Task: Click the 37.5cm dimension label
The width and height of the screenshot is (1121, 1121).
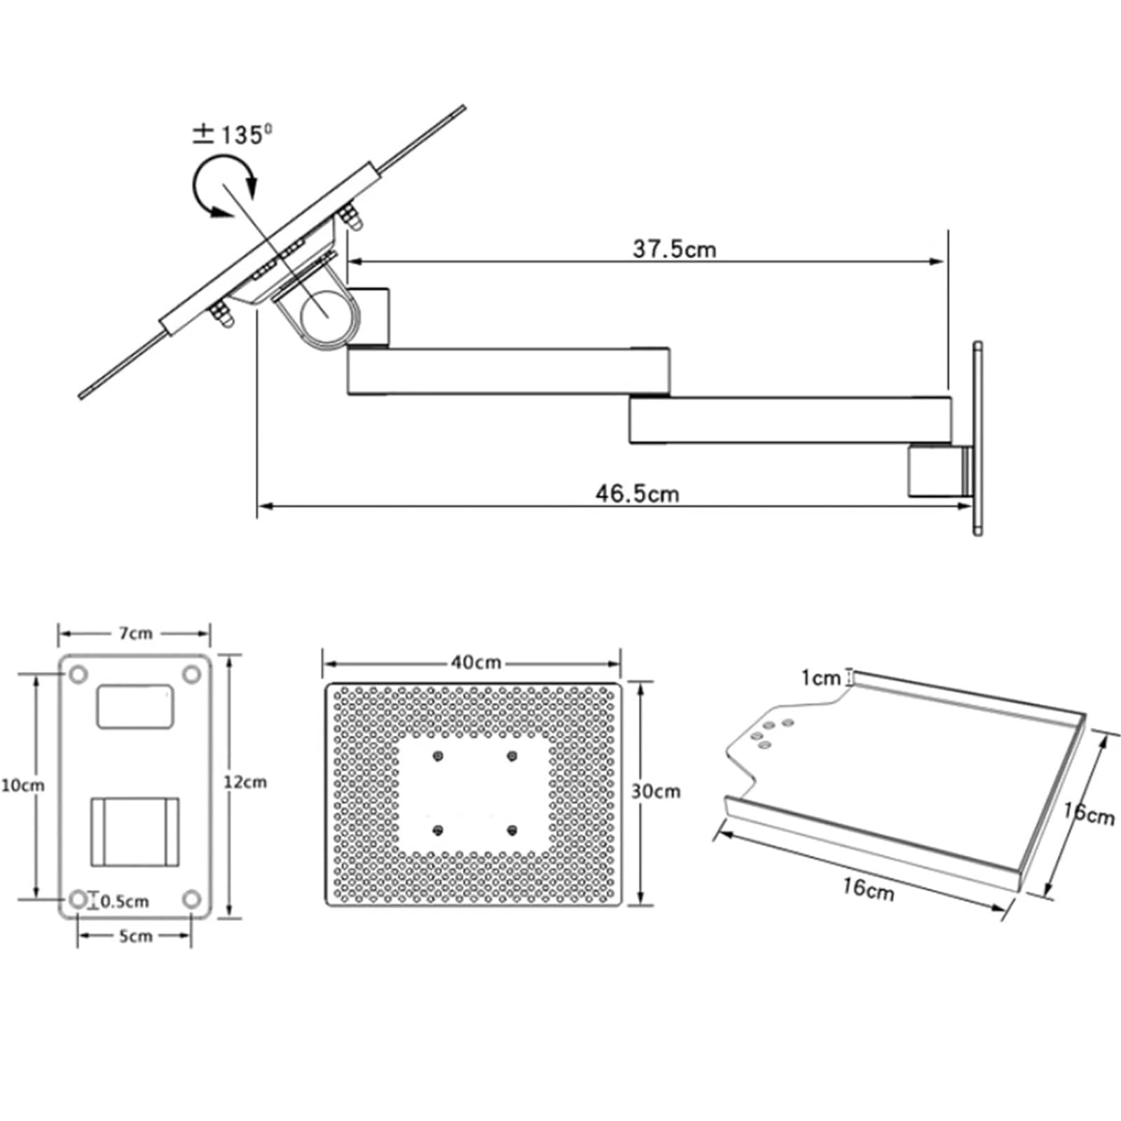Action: pyautogui.click(x=675, y=249)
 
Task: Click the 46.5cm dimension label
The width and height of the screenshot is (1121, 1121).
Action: pyautogui.click(x=638, y=493)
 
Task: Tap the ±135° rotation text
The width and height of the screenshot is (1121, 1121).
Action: pyautogui.click(x=233, y=134)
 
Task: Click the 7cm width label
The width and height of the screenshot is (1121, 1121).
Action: pyautogui.click(x=135, y=633)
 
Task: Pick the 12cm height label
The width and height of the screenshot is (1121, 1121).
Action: pyautogui.click(x=245, y=782)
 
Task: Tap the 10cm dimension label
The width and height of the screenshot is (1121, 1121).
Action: pyautogui.click(x=22, y=785)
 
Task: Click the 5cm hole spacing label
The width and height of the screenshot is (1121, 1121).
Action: pyautogui.click(x=135, y=936)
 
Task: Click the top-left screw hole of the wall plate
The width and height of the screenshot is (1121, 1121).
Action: pyautogui.click(x=78, y=675)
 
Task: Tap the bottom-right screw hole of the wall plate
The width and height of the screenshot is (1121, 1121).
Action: pyautogui.click(x=191, y=899)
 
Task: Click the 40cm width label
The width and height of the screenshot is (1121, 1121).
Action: pyautogui.click(x=476, y=662)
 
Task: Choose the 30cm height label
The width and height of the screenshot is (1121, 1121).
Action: pyautogui.click(x=656, y=791)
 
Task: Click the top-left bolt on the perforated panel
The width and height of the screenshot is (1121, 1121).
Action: pyautogui.click(x=439, y=756)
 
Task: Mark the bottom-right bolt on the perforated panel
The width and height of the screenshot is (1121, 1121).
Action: pyautogui.click(x=512, y=830)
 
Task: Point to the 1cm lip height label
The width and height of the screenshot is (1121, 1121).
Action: pyautogui.click(x=820, y=678)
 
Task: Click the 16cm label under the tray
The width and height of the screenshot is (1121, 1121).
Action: pyautogui.click(x=868, y=888)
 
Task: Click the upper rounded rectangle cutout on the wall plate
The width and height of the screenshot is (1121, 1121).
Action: pyautogui.click(x=135, y=707)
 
